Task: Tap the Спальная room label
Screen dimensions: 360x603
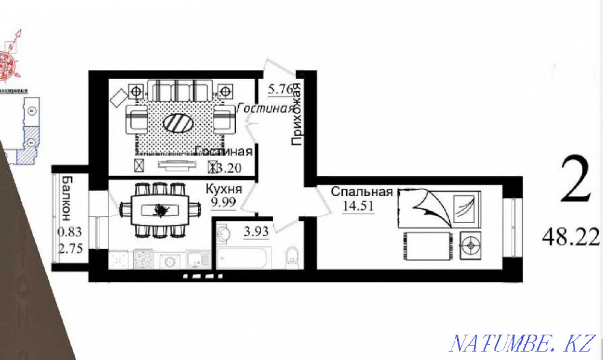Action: [362, 192]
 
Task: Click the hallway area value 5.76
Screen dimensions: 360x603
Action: [281, 90]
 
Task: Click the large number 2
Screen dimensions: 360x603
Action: [576, 181]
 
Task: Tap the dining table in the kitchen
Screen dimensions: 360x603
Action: [160, 210]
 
